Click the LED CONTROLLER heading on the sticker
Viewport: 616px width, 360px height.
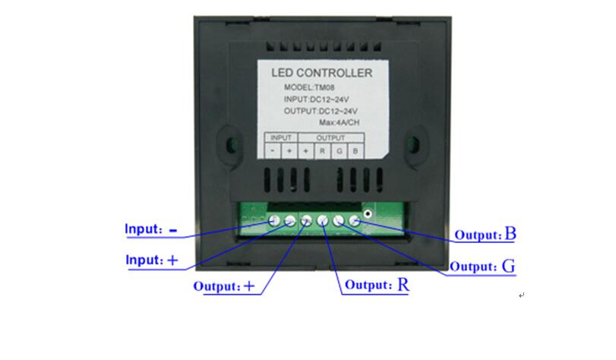(322, 73)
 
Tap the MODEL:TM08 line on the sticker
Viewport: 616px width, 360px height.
(309, 87)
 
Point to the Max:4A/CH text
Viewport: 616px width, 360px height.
(339, 122)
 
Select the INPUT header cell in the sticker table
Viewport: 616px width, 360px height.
(281, 137)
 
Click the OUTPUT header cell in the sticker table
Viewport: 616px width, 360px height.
(330, 137)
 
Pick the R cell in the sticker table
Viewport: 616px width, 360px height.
(322, 151)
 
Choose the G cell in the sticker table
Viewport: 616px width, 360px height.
(339, 151)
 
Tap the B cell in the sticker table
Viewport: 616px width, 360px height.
(355, 151)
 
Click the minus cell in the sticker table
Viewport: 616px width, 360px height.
(273, 151)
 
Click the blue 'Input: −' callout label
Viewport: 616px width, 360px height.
(151, 229)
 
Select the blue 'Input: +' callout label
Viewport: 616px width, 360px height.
(152, 260)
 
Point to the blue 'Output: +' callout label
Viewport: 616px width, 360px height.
(224, 286)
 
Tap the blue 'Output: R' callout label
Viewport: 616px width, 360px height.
(377, 285)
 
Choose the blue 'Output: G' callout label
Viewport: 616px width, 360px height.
(482, 266)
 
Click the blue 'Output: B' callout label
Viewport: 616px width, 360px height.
(485, 234)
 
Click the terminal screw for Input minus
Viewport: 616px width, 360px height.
(274, 220)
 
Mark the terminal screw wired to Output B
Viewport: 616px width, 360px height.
(355, 221)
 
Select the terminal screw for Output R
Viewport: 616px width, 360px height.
(322, 221)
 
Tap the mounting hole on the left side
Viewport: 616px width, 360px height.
(231, 144)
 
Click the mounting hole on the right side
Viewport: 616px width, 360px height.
(413, 144)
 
